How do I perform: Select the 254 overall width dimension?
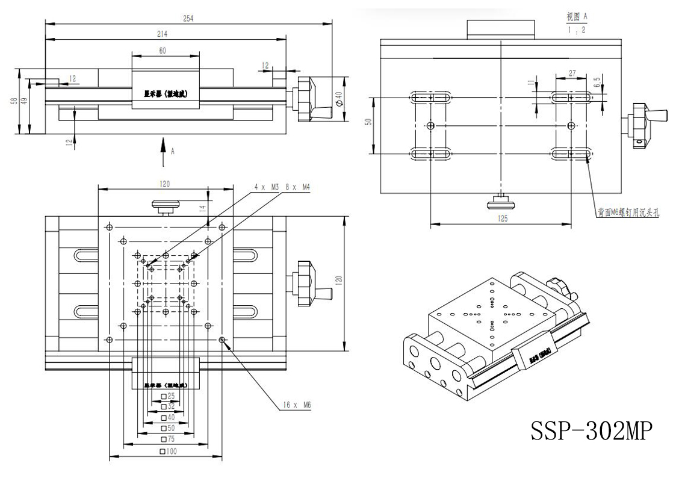point(189,19)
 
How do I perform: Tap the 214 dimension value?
point(163,34)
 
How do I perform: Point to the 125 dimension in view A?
point(501,219)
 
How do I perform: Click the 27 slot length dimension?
point(572,73)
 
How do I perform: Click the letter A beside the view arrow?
point(173,152)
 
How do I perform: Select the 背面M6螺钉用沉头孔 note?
point(629,212)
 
